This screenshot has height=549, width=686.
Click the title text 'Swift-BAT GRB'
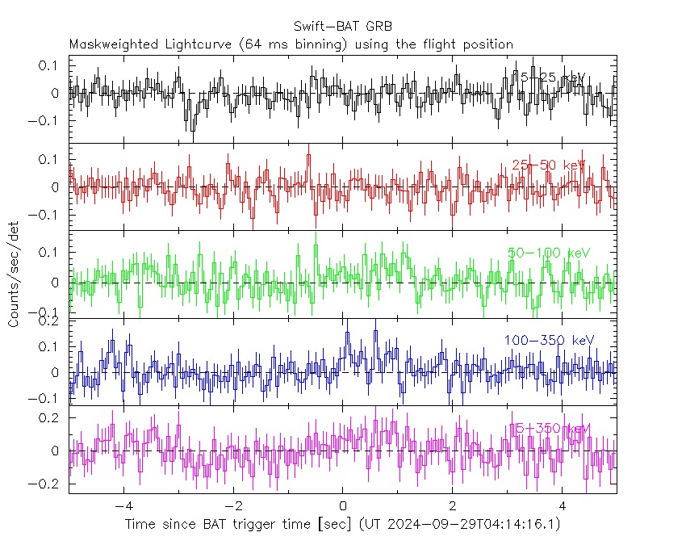point(343,25)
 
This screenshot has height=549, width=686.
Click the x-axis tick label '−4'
point(123,506)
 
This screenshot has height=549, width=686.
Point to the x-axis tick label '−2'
point(232,506)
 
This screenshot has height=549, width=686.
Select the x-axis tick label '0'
point(343,506)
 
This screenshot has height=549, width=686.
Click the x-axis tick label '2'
point(453,506)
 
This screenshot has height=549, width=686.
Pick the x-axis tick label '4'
point(563,506)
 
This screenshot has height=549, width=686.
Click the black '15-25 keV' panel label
point(552,78)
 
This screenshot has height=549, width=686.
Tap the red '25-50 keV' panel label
point(549,165)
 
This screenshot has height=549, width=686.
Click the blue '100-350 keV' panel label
point(549,340)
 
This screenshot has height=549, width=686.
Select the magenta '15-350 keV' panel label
point(549,428)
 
